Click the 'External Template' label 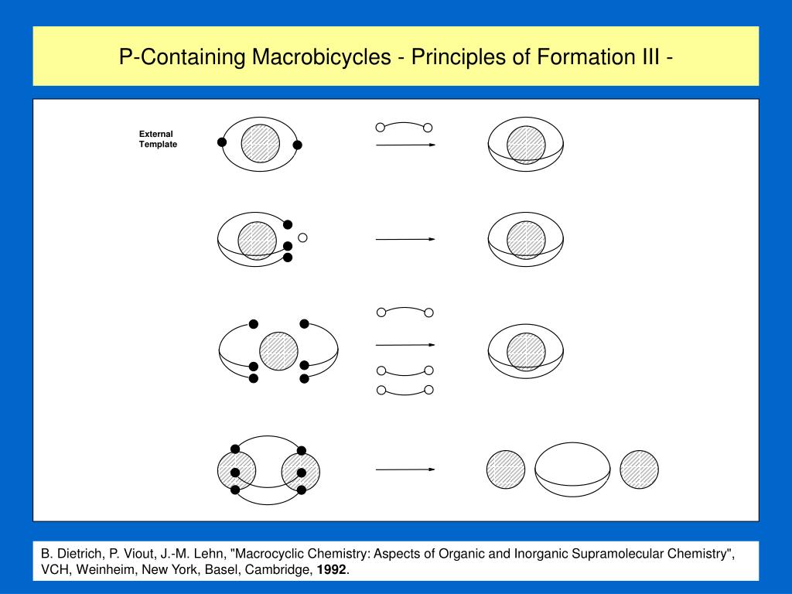point(158,139)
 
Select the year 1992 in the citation point(330,570)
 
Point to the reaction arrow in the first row point(405,145)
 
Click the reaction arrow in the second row point(405,240)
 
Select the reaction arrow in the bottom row point(405,469)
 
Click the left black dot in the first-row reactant point(222,142)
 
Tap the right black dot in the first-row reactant point(298,145)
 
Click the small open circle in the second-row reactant point(303,237)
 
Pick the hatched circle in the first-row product point(526,145)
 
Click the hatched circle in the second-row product point(526,240)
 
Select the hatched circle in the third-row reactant point(278,351)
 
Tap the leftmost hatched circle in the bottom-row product point(506,469)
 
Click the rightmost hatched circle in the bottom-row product point(639,469)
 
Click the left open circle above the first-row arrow point(380,127)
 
